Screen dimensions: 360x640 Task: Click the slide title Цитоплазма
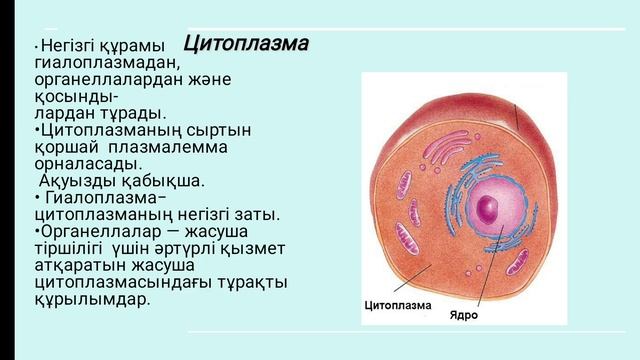pyautogui.click(x=246, y=45)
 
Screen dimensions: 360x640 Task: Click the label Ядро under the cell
pyautogui.click(x=463, y=315)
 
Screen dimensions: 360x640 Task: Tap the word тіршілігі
pyautogui.click(x=68, y=249)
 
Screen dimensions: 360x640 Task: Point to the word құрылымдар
pyautogui.click(x=91, y=299)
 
